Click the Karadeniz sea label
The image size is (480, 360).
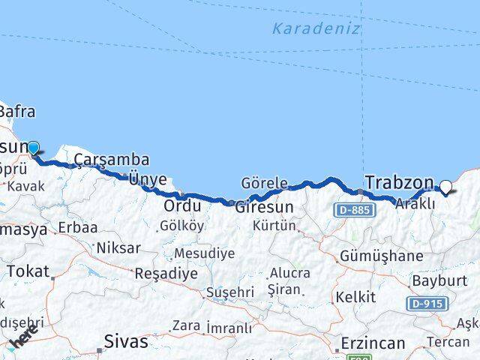[x=316, y=29]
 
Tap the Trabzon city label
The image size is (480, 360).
[x=399, y=182]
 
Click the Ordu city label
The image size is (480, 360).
[x=183, y=205]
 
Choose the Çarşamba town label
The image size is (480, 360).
[x=111, y=160]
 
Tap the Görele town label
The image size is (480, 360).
[x=264, y=183]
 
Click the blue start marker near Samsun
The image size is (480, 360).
[x=33, y=147]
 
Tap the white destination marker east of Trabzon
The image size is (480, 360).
[x=446, y=187]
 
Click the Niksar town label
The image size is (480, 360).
[x=115, y=247]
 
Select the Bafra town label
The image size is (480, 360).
[x=16, y=112]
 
